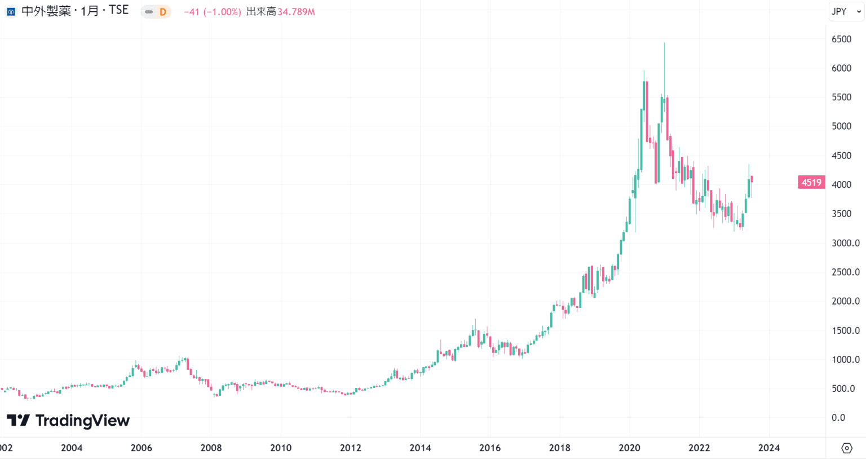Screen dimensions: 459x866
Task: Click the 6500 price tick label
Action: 841,39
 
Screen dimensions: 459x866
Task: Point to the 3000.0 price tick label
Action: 845,243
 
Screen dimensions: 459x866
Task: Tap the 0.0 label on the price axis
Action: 838,418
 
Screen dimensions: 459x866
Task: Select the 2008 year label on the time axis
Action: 211,448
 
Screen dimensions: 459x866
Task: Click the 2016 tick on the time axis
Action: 489,448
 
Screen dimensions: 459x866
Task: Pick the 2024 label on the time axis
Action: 768,448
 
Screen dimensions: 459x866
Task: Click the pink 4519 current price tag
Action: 811,182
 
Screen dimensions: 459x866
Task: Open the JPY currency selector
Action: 844,11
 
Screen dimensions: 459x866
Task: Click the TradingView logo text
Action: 82,421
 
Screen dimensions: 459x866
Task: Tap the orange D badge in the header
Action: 162,12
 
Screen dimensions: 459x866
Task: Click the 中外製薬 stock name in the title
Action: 46,11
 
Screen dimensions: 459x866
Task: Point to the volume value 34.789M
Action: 296,12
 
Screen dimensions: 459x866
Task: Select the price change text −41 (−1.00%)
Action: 213,12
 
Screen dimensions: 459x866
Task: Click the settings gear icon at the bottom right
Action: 846,448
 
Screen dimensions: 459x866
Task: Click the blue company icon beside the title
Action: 11,11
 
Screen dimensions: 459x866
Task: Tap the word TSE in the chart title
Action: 118,10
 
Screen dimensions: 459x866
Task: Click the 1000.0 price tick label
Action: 845,360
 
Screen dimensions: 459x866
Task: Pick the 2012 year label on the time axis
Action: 350,448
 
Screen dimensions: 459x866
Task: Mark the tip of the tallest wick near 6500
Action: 664,43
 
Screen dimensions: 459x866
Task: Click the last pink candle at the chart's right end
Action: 752,179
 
